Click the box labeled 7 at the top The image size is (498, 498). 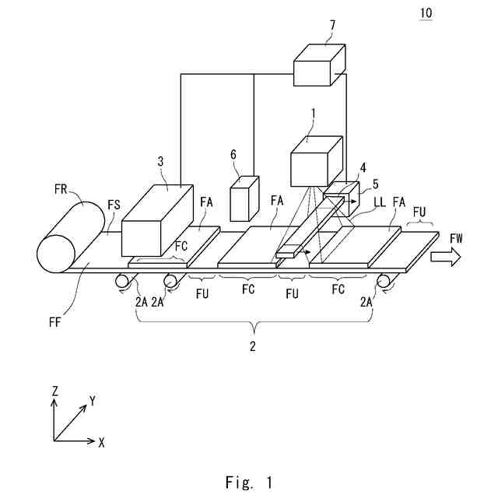point(318,65)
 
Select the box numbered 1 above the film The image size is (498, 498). point(316,162)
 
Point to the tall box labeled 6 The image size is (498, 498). point(245,199)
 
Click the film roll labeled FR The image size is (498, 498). point(70,237)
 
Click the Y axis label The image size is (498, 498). point(93,402)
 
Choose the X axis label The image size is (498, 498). point(101,441)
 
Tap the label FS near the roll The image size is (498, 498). point(113,205)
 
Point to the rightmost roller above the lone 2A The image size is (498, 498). point(383,281)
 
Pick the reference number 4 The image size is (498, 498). point(362,167)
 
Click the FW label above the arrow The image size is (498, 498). point(456,239)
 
